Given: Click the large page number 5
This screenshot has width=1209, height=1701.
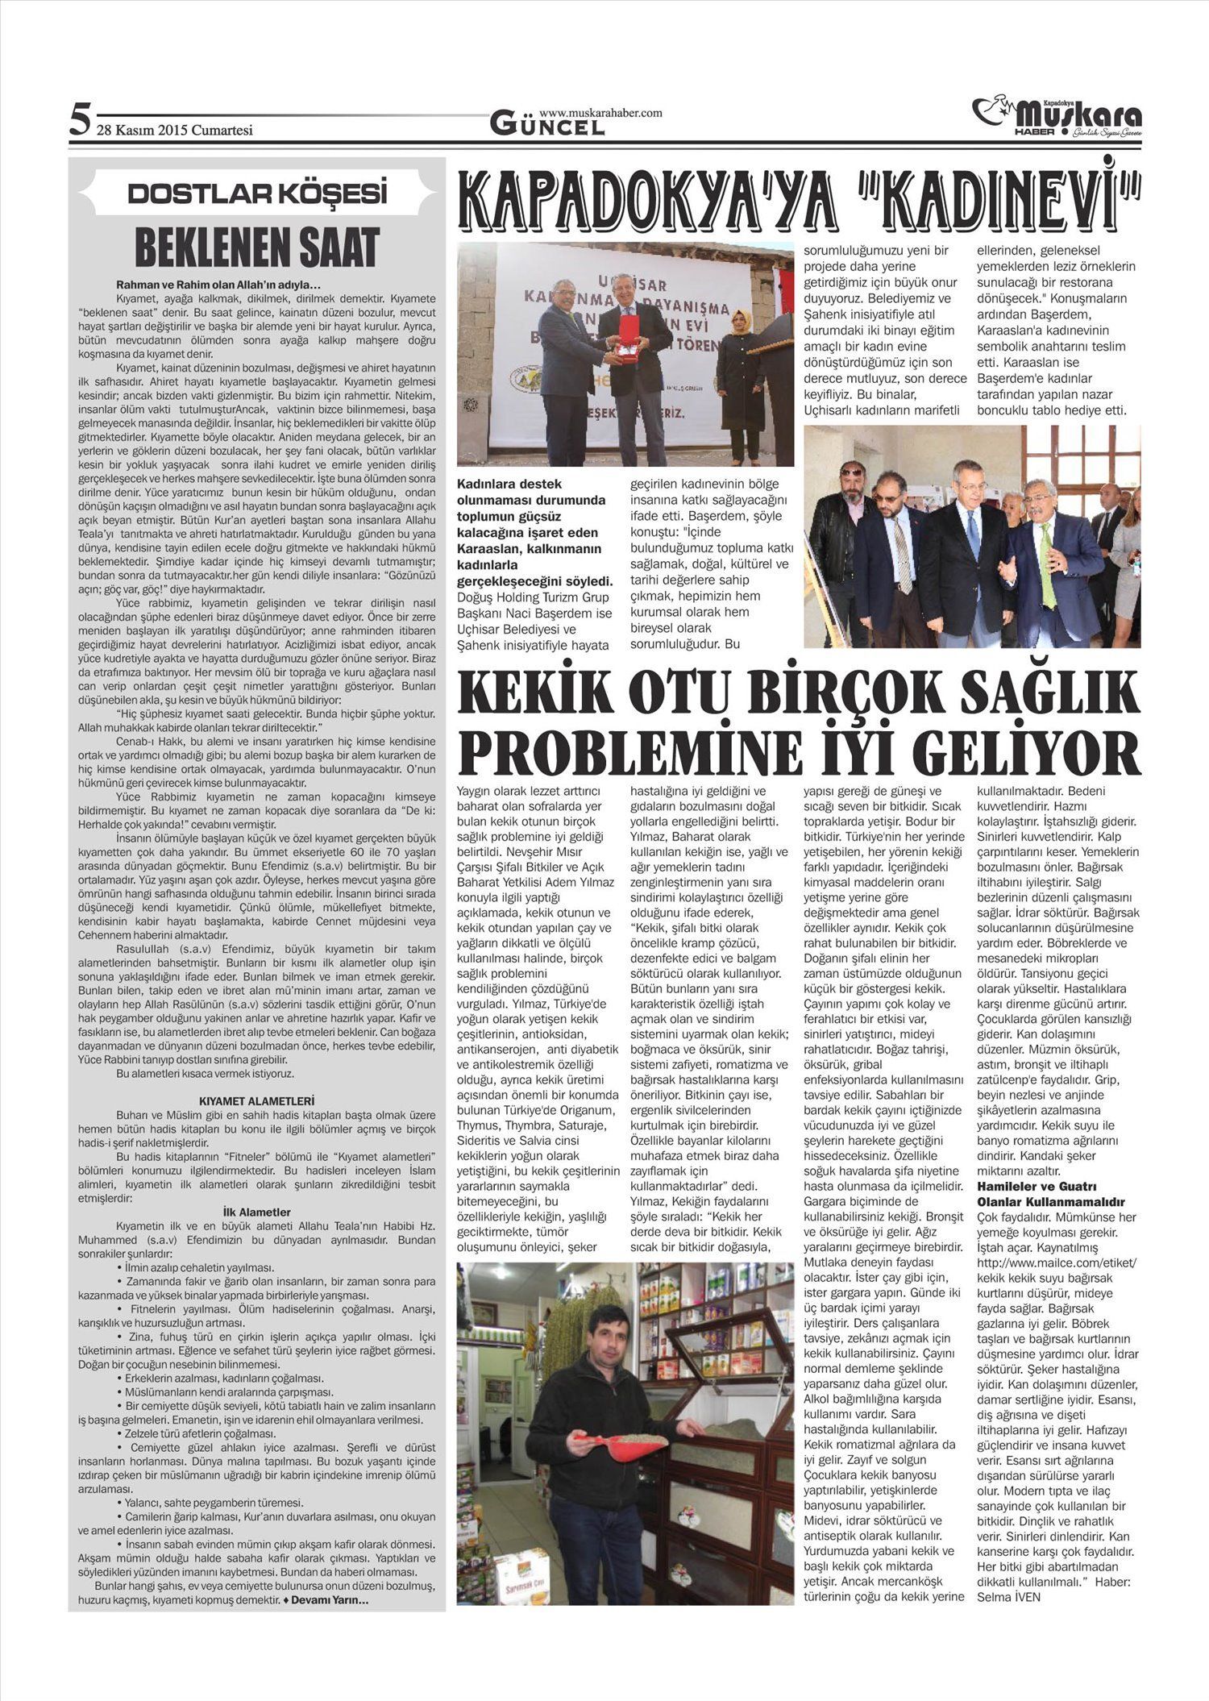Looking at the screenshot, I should (79, 122).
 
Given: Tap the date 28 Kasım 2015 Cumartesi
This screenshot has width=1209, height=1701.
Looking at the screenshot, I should (175, 131).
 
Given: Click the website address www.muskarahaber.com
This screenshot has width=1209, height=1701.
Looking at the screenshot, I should (600, 113).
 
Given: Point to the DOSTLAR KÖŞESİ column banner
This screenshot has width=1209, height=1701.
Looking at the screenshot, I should (257, 193).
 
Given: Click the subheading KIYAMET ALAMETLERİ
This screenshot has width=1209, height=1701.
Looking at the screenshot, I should (256, 1100).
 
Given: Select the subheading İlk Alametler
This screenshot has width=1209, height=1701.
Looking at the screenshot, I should (256, 1212).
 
